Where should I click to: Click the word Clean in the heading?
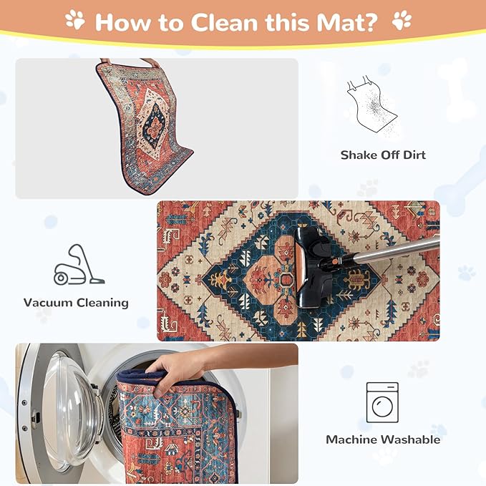(x=224, y=22)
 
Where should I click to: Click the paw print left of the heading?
(x=75, y=19)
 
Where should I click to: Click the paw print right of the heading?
(x=402, y=20)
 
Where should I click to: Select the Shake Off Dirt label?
(x=383, y=155)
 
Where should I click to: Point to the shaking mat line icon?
(x=372, y=105)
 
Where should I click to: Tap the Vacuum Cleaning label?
(x=77, y=303)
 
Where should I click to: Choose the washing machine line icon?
(x=382, y=402)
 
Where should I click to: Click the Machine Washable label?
(x=383, y=439)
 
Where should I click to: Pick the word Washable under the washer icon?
(x=410, y=439)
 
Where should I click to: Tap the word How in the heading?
(x=122, y=22)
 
